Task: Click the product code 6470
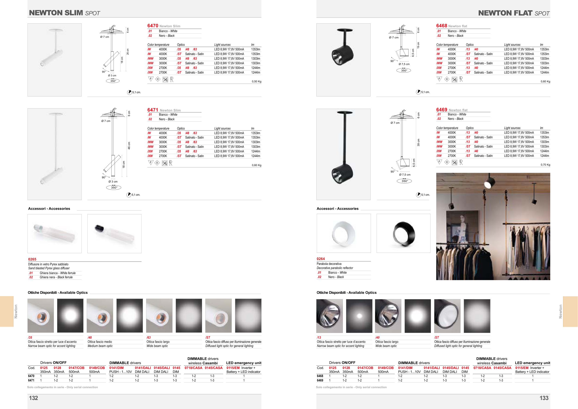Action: coord(153,26)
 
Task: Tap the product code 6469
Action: coord(442,110)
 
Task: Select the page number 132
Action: coord(34,398)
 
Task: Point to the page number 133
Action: coord(544,398)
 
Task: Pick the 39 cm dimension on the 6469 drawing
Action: coord(418,143)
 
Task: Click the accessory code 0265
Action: coord(32,259)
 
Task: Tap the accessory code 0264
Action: coord(321,259)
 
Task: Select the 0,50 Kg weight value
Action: coord(257,81)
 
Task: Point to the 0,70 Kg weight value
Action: coord(545,165)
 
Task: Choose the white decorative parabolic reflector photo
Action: coord(344,233)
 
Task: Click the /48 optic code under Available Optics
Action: coord(90,338)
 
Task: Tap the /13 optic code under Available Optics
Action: coord(319,338)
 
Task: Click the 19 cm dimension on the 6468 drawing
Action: coord(418,45)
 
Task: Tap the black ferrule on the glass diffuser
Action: coord(99,228)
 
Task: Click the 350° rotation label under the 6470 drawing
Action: coord(113,81)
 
